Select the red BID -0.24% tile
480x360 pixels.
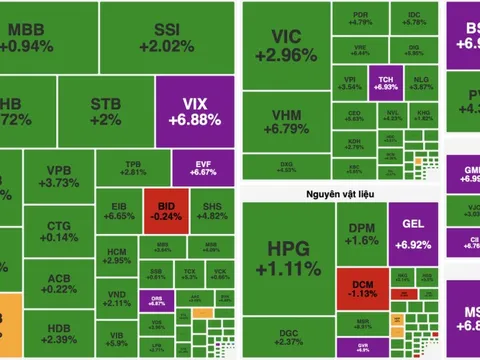158,204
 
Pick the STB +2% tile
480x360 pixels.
105,111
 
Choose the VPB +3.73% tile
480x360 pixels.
64,176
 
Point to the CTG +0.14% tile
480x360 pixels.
64,232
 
